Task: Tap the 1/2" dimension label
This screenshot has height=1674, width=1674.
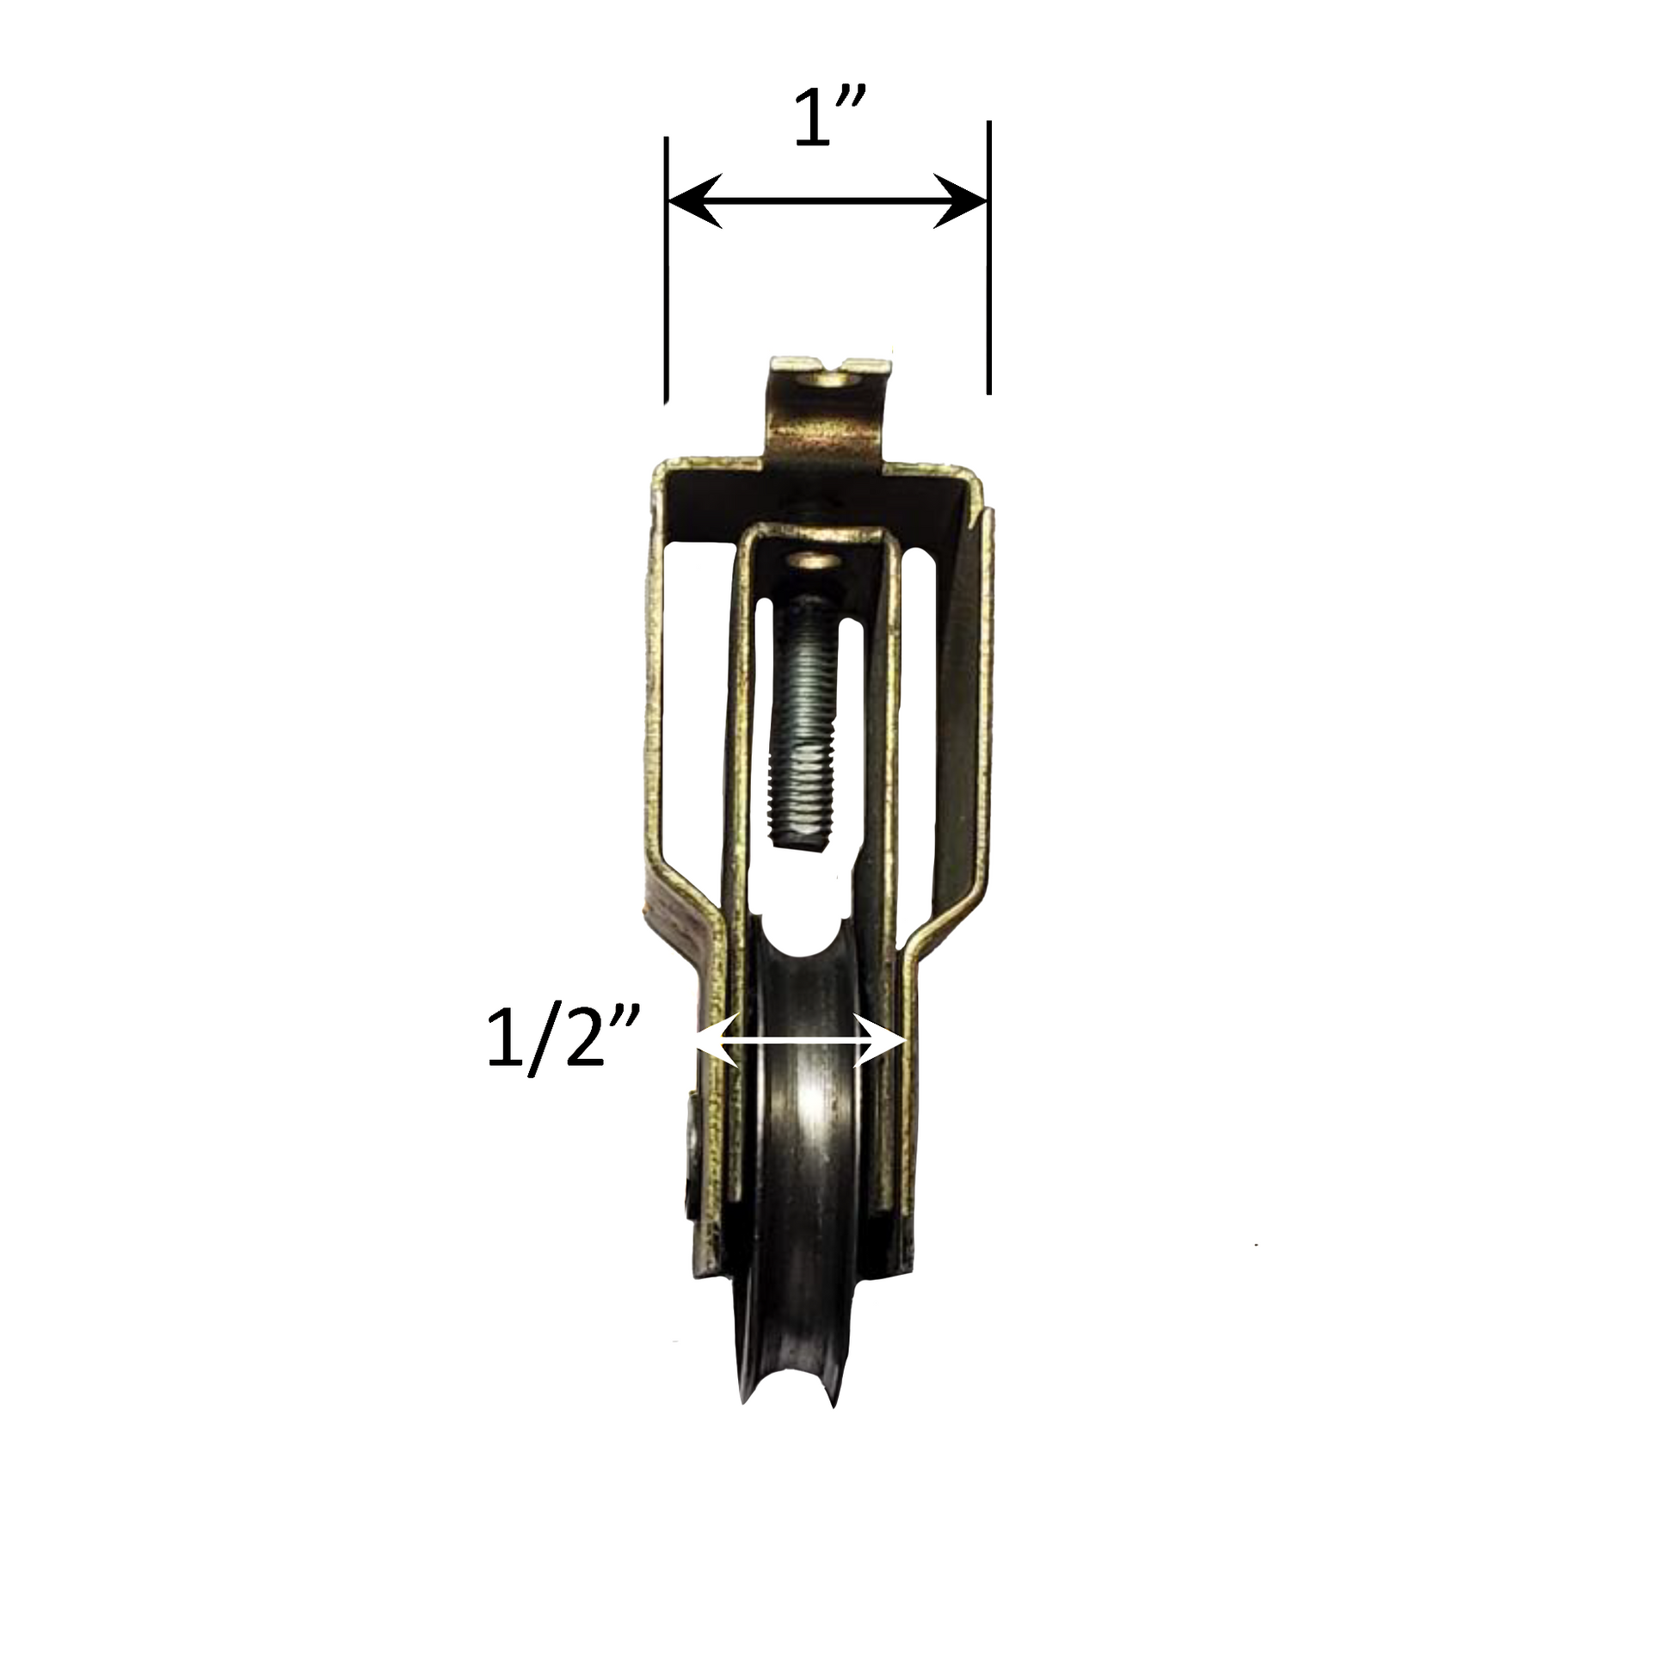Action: click(563, 1043)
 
